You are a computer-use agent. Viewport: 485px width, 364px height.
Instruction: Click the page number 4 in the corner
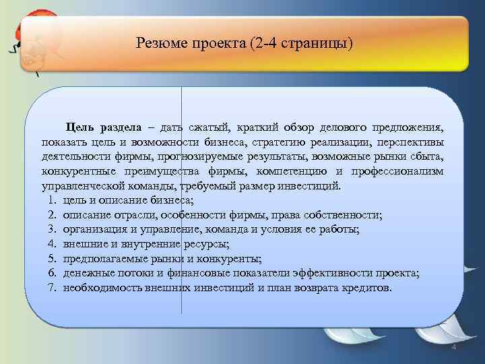pos(453,346)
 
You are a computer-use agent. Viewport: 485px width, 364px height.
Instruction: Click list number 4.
pos(52,244)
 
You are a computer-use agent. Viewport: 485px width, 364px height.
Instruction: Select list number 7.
pos(52,288)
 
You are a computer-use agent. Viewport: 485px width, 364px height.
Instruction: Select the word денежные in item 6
pos(86,273)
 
